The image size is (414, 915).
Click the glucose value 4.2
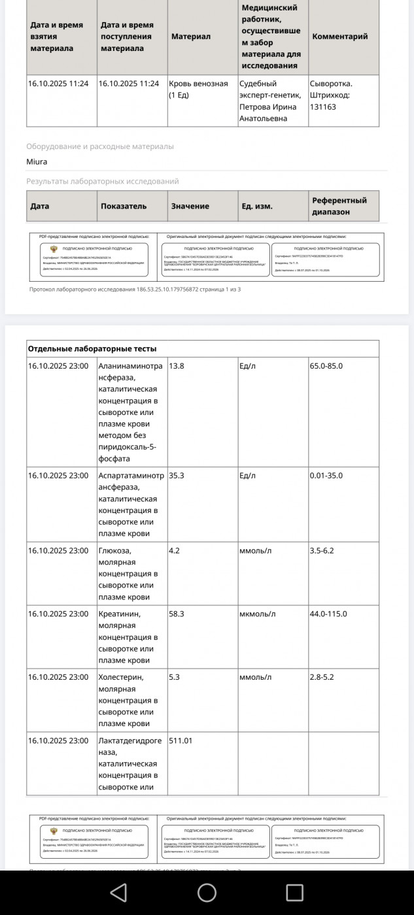pos(174,550)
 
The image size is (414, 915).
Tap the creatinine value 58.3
pos(177,614)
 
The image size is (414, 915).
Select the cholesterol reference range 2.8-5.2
pos(322,677)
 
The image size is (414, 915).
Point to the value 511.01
pos(181,740)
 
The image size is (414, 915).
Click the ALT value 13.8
pos(177,366)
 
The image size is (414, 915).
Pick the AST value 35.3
pos(177,475)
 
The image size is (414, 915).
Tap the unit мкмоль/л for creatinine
pos(258,614)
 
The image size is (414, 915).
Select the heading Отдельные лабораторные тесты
pos(92,348)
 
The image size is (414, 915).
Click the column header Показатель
pos(124,206)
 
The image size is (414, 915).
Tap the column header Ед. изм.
pos(256,206)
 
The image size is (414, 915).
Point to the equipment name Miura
pos(37,161)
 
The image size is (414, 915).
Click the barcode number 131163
pos(323,107)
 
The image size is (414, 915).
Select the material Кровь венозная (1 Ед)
pos(198,89)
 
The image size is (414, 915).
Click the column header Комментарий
pos(340,37)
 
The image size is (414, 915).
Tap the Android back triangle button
pos(118,892)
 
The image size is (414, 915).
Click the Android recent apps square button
pos(295,892)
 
